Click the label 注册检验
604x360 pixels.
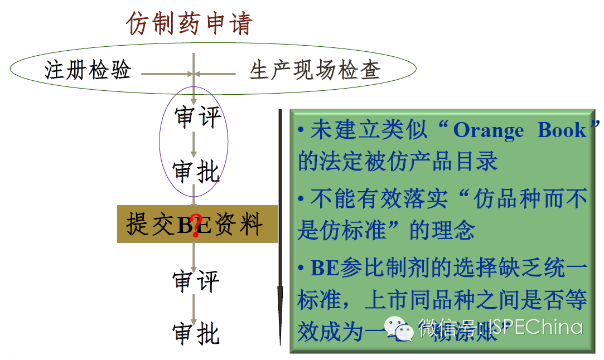pos(88,70)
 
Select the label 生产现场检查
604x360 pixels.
pos(315,70)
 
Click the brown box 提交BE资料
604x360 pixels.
pos(197,224)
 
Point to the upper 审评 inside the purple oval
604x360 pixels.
pos(197,117)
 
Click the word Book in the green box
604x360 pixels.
pos(562,130)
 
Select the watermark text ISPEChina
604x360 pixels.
pos(536,327)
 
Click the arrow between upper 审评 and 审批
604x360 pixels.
pos(194,145)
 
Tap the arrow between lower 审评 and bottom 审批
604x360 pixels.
pos(194,307)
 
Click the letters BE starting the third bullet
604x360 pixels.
pos(325,269)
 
